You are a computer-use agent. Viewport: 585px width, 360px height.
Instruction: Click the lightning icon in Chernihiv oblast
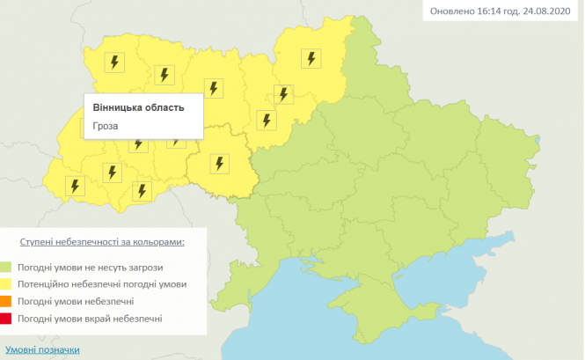coord(311,59)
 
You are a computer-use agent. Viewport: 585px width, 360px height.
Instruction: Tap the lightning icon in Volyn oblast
coord(113,62)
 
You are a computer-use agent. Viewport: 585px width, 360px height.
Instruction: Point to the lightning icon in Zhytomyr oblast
coord(213,87)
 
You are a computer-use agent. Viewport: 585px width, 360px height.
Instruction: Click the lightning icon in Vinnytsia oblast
coord(219,163)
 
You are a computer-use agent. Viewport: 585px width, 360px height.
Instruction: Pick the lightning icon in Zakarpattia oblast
coord(76,186)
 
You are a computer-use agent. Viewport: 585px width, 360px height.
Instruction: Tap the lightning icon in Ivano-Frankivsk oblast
coord(112,172)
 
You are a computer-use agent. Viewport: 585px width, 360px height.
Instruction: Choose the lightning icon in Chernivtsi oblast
coord(141,189)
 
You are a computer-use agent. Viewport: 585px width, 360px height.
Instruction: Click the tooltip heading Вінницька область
coord(138,107)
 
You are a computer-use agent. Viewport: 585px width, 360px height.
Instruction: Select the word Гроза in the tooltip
coord(106,125)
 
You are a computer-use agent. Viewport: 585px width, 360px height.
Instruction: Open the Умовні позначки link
coord(42,349)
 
